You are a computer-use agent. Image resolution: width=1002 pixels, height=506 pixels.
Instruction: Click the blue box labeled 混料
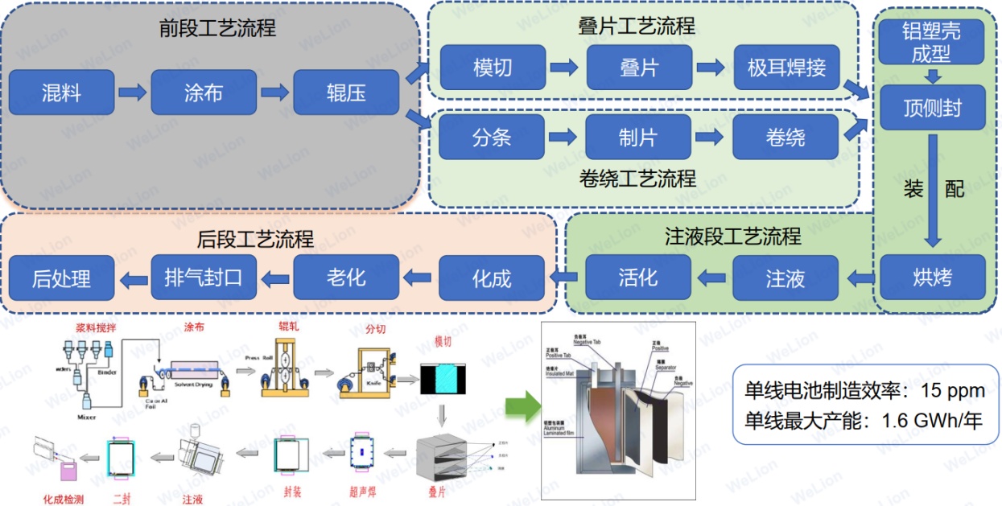click(x=61, y=93)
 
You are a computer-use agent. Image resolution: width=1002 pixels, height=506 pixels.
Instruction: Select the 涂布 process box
click(x=204, y=93)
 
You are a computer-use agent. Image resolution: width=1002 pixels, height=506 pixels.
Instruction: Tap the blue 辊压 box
click(x=346, y=93)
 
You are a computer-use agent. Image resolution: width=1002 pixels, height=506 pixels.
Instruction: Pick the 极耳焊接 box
click(x=786, y=68)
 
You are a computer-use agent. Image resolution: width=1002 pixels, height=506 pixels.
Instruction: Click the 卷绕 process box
click(x=785, y=137)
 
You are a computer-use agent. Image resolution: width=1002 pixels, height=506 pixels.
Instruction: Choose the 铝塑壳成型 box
click(x=932, y=42)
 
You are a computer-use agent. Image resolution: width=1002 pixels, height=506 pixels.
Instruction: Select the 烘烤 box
click(x=932, y=278)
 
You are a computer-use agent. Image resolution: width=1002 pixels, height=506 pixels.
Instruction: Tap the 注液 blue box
click(x=785, y=278)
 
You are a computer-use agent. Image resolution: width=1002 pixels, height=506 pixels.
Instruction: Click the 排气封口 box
click(x=204, y=278)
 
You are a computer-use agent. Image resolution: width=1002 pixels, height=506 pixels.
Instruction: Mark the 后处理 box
click(x=61, y=278)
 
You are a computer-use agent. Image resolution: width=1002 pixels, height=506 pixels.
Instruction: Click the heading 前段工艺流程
click(x=217, y=29)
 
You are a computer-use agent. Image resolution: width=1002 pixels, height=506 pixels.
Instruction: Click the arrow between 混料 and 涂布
click(x=133, y=93)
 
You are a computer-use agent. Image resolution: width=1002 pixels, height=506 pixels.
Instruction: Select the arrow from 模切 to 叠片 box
click(x=564, y=68)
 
